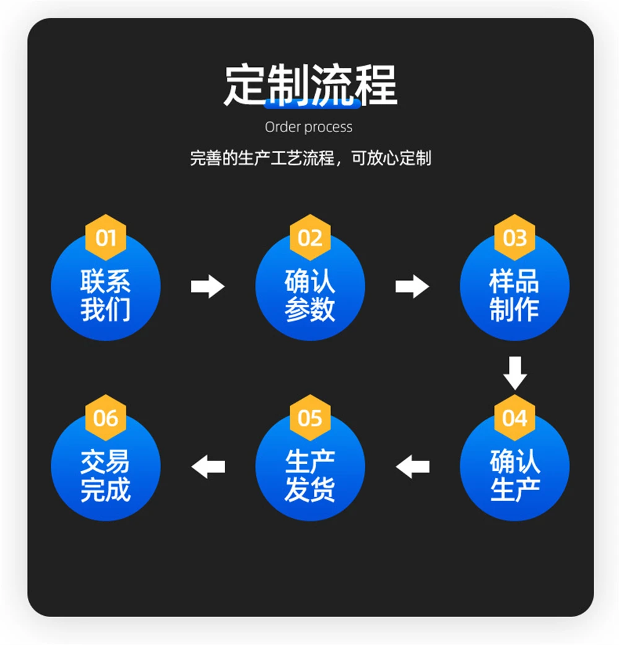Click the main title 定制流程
click(310, 86)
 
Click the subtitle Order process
click(308, 127)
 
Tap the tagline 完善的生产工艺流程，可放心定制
click(310, 158)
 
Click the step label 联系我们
click(105, 296)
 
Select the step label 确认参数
click(310, 296)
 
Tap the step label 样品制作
click(514, 296)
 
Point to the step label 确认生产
click(514, 476)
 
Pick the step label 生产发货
click(310, 476)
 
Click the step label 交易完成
click(105, 476)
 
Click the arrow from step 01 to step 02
click(207, 286)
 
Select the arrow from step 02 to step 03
click(412, 286)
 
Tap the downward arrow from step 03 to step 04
click(514, 372)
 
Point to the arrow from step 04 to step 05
click(412, 466)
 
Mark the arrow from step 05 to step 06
click(207, 466)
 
